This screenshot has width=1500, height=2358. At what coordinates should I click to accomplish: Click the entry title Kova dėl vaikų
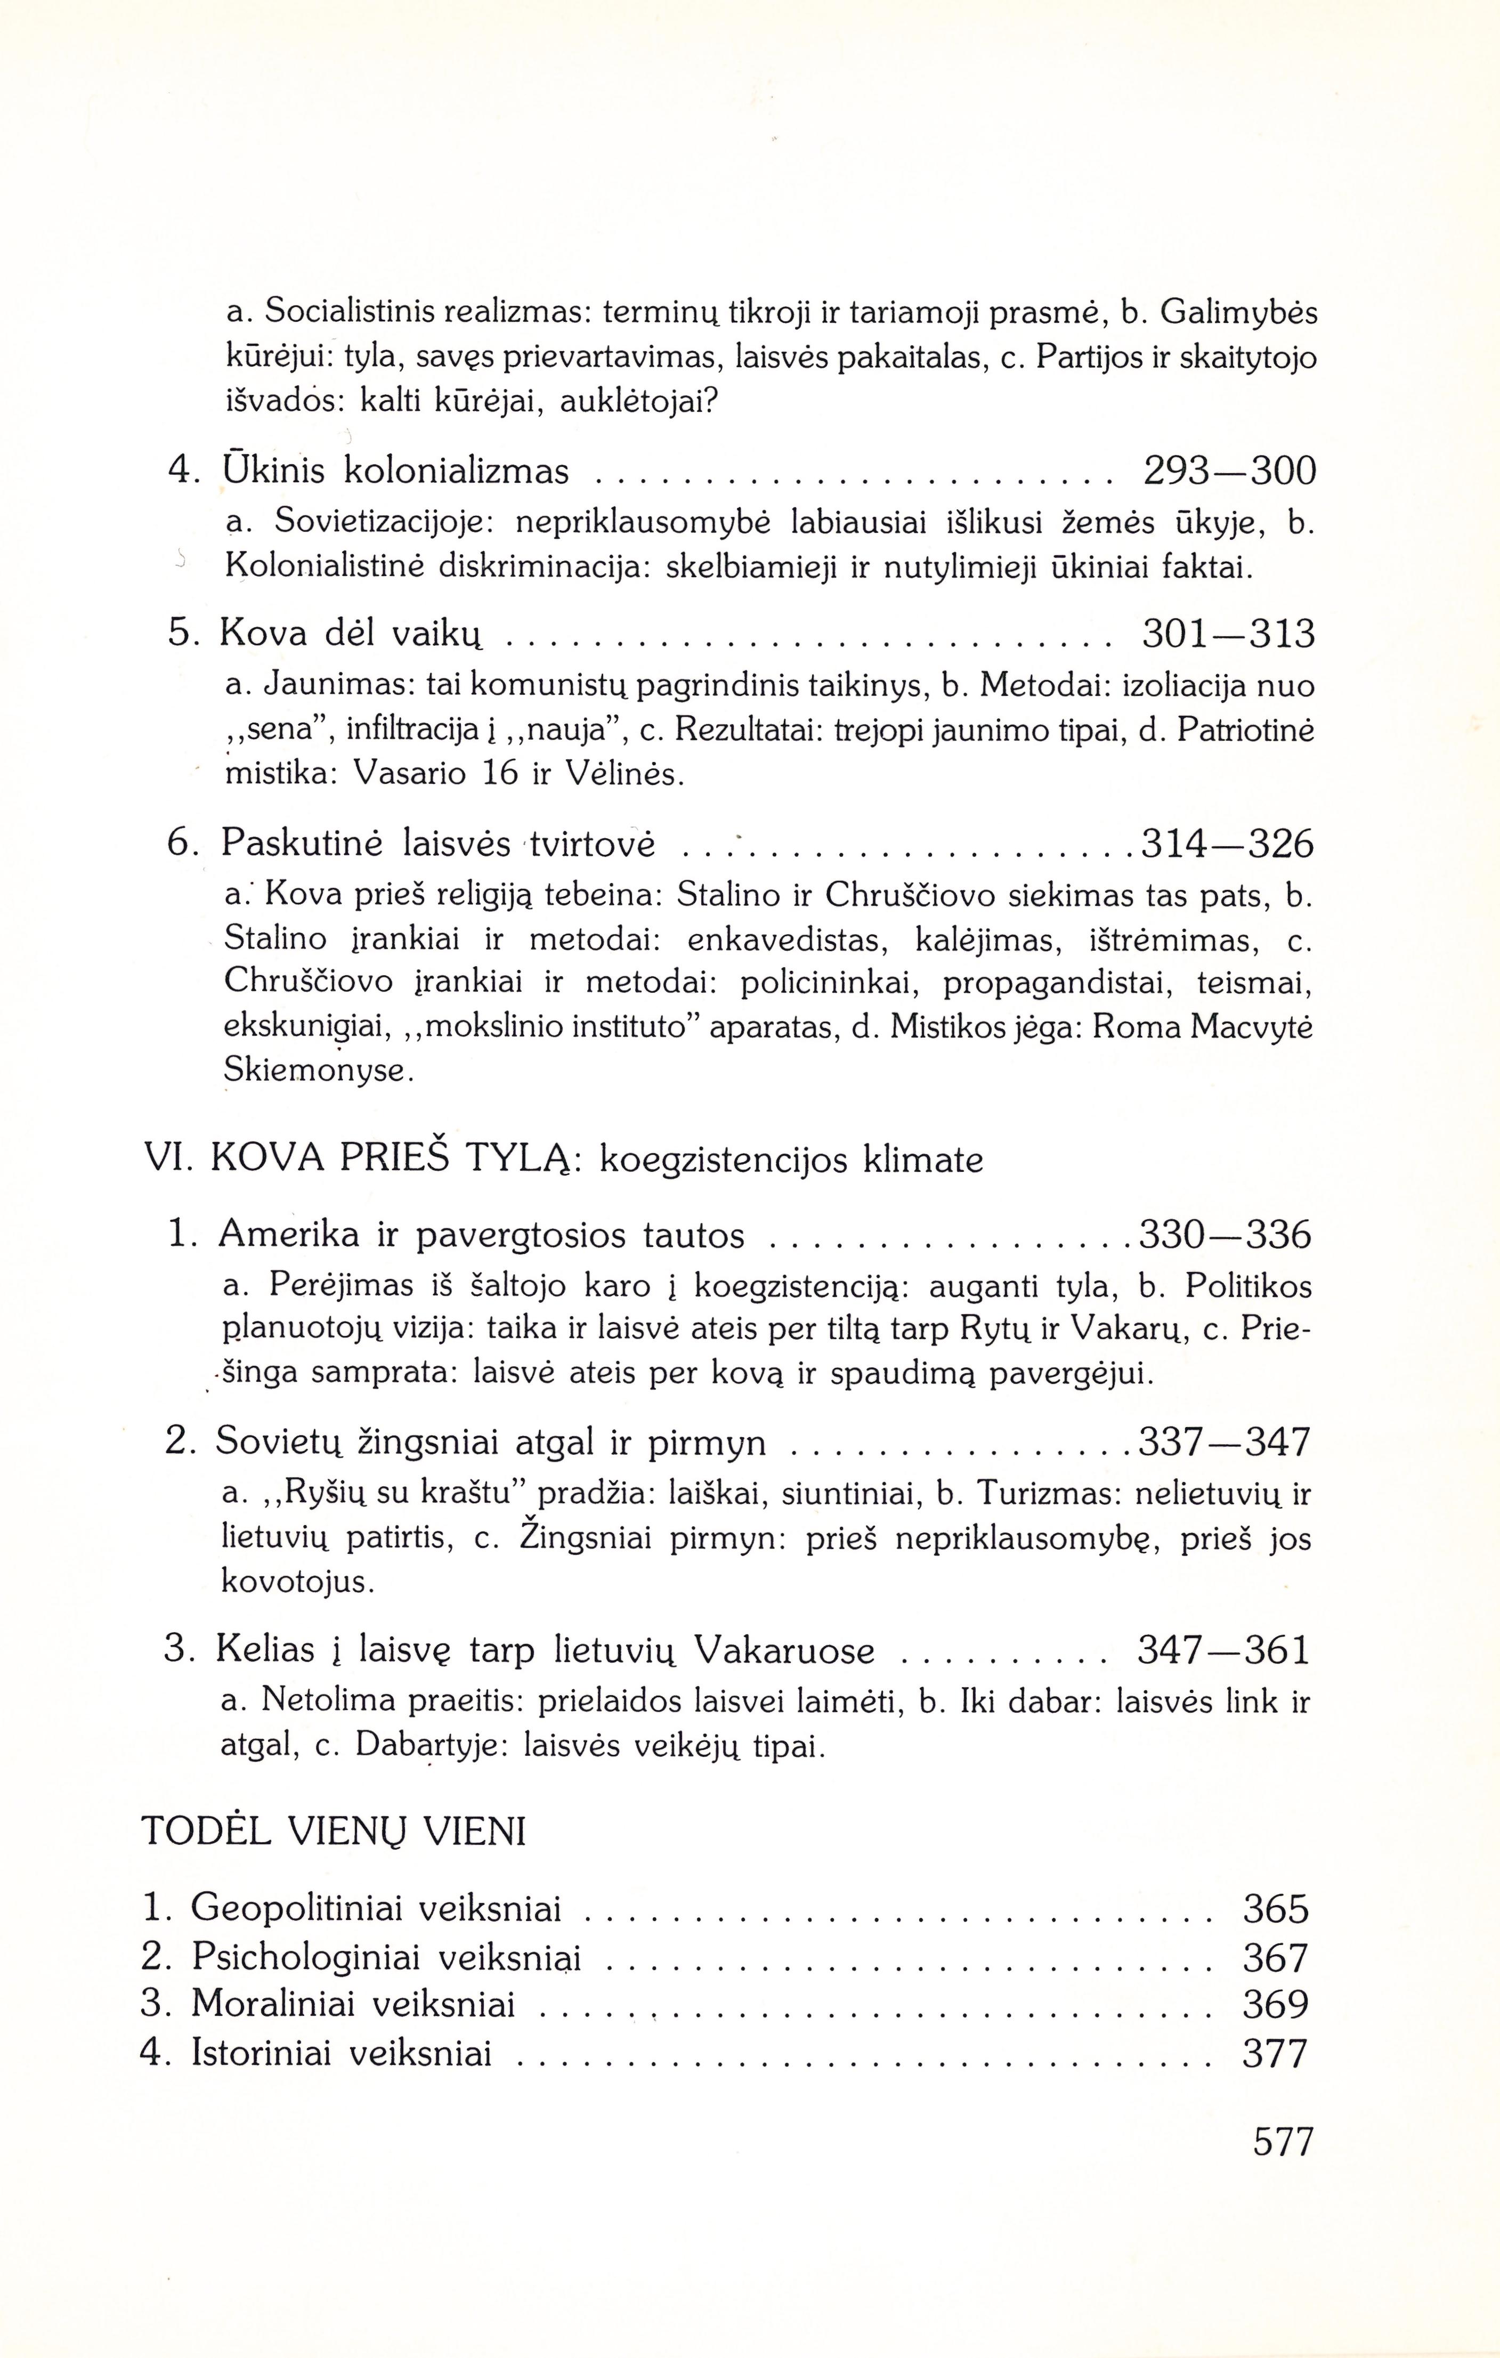pos(352,635)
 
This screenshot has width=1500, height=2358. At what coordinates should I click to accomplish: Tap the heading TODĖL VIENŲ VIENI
pos(335,1831)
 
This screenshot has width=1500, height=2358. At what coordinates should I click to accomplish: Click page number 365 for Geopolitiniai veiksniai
pos(1275,1909)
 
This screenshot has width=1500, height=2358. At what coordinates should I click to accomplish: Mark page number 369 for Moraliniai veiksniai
pos(1275,2005)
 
